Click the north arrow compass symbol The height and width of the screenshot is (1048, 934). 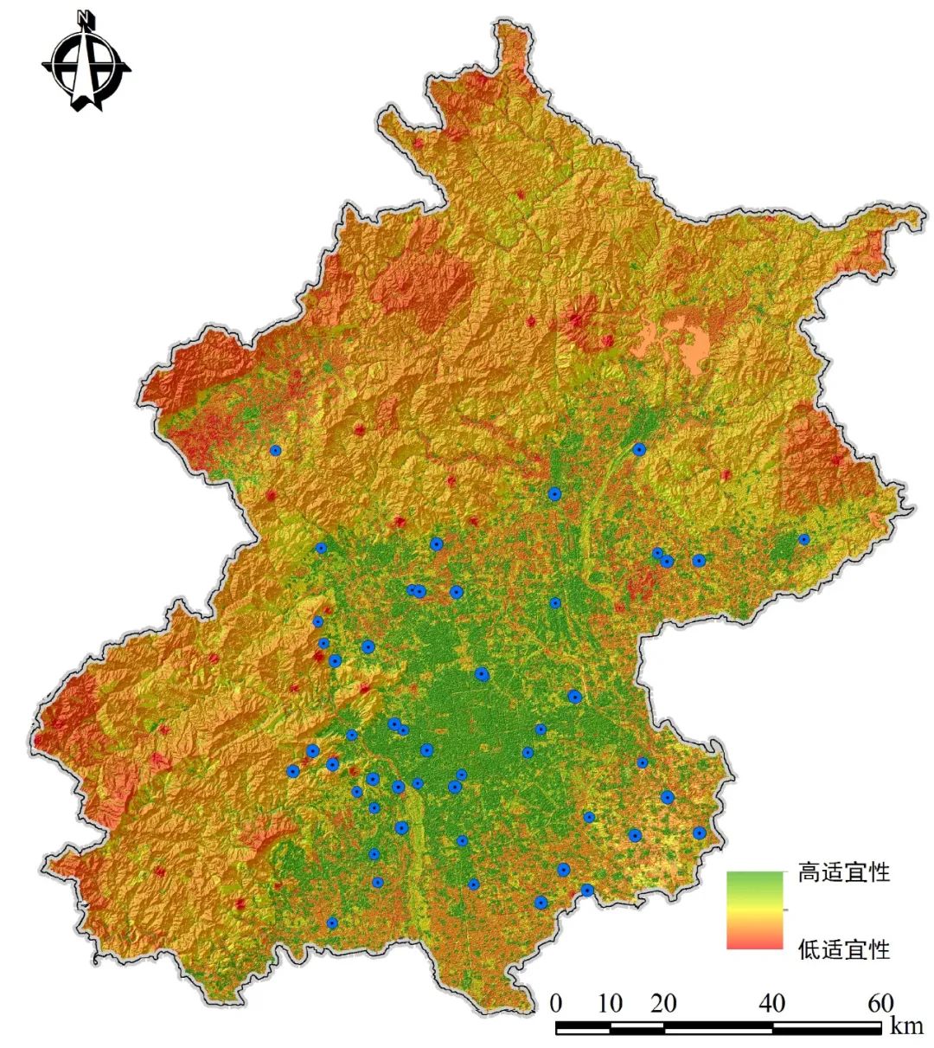click(x=86, y=65)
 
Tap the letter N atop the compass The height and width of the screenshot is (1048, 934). click(x=84, y=16)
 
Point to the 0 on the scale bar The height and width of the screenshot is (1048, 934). click(x=556, y=1004)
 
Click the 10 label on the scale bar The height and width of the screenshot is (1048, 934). click(x=610, y=1004)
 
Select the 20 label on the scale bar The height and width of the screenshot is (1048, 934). click(x=663, y=1004)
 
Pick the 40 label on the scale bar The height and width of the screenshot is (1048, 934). click(x=771, y=1004)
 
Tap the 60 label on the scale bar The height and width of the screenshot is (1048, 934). click(x=880, y=1004)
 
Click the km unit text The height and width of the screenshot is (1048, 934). click(x=907, y=1025)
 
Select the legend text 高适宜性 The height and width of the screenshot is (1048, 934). click(x=843, y=872)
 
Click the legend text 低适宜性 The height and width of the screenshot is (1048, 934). click(x=843, y=949)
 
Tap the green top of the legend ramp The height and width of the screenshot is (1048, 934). click(x=754, y=878)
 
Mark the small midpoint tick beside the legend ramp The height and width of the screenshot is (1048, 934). click(x=785, y=910)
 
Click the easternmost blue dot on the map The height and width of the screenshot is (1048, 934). click(x=803, y=539)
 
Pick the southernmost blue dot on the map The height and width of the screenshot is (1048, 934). click(x=332, y=923)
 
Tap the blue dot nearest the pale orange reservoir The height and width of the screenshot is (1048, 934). click(x=639, y=449)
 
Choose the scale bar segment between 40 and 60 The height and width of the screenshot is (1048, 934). click(x=826, y=1027)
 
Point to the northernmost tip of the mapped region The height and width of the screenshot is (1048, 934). click(x=510, y=22)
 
